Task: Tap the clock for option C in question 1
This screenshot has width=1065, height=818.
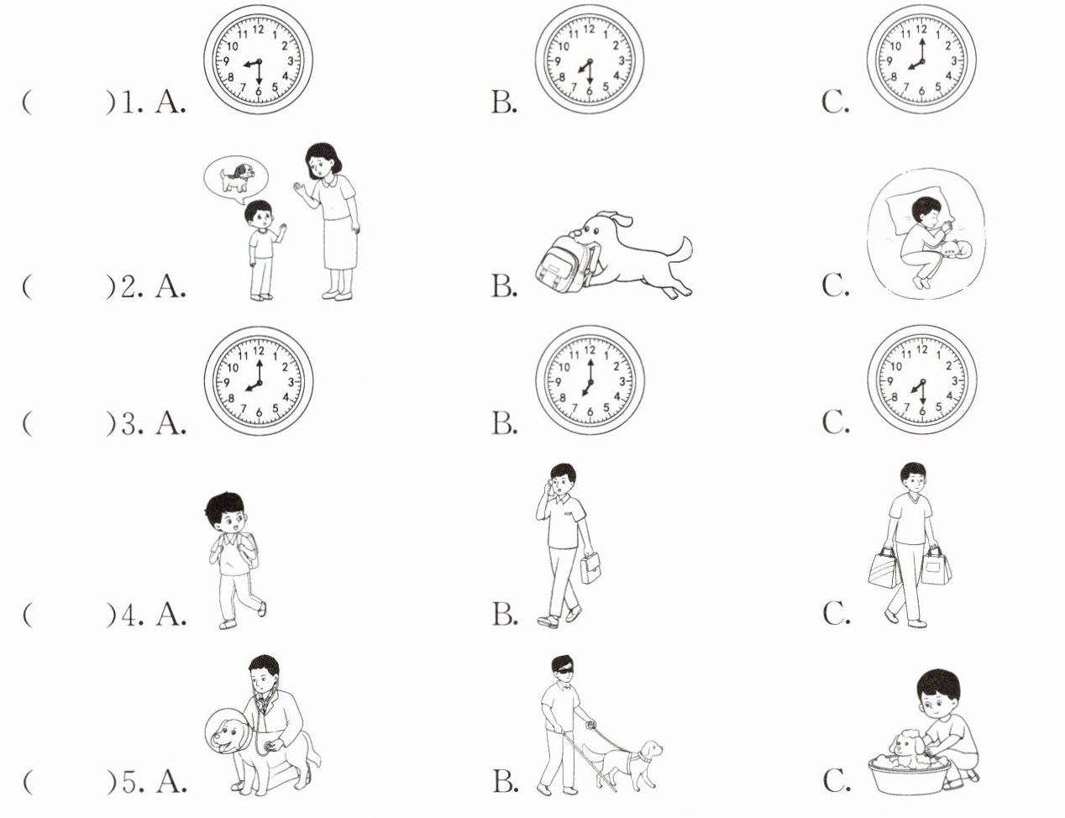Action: pyautogui.click(x=921, y=60)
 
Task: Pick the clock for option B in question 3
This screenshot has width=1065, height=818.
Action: pyautogui.click(x=590, y=381)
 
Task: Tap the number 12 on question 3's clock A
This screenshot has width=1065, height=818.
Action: pyautogui.click(x=259, y=351)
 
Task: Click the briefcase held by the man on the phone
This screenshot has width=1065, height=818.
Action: pyautogui.click(x=590, y=568)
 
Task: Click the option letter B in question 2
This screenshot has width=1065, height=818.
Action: pyautogui.click(x=504, y=286)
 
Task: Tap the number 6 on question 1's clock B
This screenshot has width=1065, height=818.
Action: pyautogui.click(x=589, y=91)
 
